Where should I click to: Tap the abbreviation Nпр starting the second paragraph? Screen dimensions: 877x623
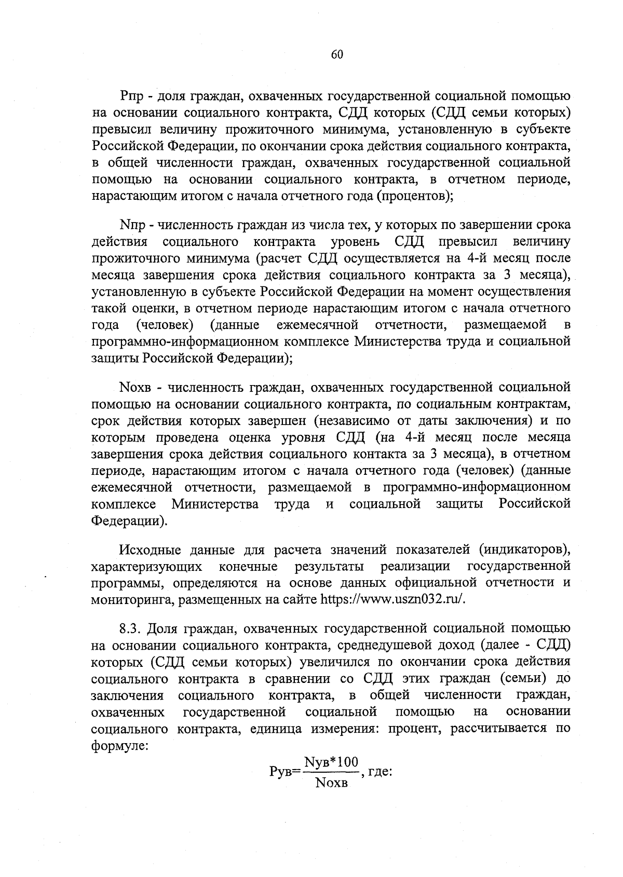(x=132, y=225)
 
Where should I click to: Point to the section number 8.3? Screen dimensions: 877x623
(x=131, y=629)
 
